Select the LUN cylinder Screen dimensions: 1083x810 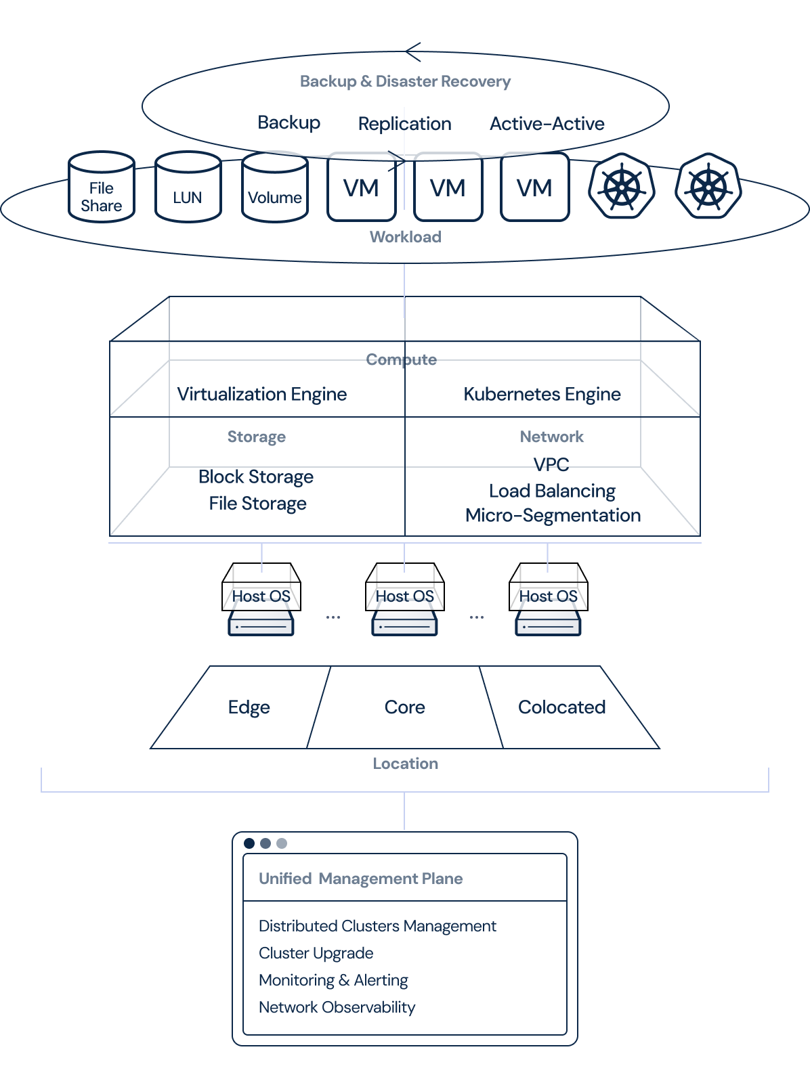(x=188, y=189)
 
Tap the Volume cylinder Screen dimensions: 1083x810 (x=275, y=189)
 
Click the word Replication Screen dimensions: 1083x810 (x=404, y=124)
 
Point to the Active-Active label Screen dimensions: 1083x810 (x=547, y=124)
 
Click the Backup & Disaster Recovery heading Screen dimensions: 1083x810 (x=405, y=81)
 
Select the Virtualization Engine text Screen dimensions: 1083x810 (x=261, y=394)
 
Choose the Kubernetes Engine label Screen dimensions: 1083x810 (x=542, y=394)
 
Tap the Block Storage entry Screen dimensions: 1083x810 (x=256, y=477)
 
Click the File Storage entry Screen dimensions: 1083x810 (x=257, y=504)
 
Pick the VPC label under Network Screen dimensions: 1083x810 (x=551, y=464)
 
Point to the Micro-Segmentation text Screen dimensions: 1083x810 (x=553, y=516)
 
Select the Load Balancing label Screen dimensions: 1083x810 (x=552, y=491)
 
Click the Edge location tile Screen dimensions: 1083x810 (x=249, y=707)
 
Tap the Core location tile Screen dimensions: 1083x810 (x=405, y=707)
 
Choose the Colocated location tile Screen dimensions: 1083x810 (x=561, y=707)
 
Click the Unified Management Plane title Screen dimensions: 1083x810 (x=360, y=879)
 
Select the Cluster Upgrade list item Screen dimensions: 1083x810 (x=316, y=953)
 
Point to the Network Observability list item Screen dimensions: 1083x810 (x=337, y=1007)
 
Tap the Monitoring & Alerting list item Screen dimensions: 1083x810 (x=333, y=980)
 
